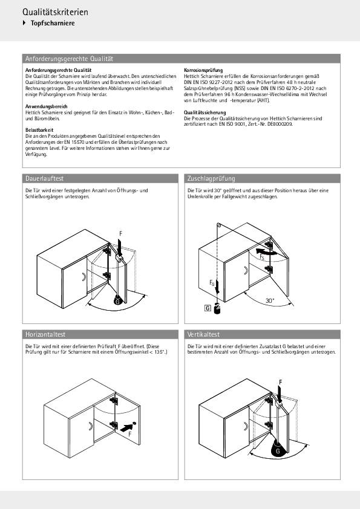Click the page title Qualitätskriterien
tap(55, 12)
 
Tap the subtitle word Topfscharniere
tap(53, 24)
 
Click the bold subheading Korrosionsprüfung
tap(203, 70)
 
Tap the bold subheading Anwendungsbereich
tap(47, 106)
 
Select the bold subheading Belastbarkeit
tap(39, 130)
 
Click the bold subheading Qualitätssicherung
tap(205, 112)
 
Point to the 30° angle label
tap(270, 300)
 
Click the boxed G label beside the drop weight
tap(208, 308)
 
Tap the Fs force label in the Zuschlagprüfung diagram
tap(262, 257)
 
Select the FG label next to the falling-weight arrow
tap(212, 283)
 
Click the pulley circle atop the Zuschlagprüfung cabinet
tap(219, 225)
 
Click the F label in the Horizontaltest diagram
tap(129, 434)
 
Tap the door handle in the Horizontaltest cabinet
tap(91, 426)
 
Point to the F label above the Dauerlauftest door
tap(121, 234)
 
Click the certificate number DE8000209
tap(280, 125)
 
